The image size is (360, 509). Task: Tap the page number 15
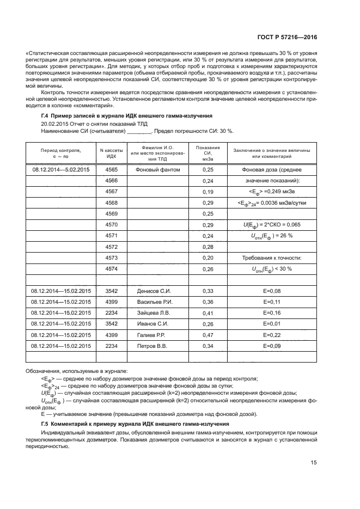click(313, 463)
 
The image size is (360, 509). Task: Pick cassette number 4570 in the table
click(111, 225)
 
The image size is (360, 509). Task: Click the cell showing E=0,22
click(271, 335)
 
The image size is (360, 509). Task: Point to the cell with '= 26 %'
click(271, 236)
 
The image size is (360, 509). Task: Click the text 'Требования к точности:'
click(271, 258)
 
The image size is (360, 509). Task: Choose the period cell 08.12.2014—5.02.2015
click(60, 170)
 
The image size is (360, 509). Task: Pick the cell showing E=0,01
click(271, 324)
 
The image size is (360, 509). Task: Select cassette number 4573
click(111, 258)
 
